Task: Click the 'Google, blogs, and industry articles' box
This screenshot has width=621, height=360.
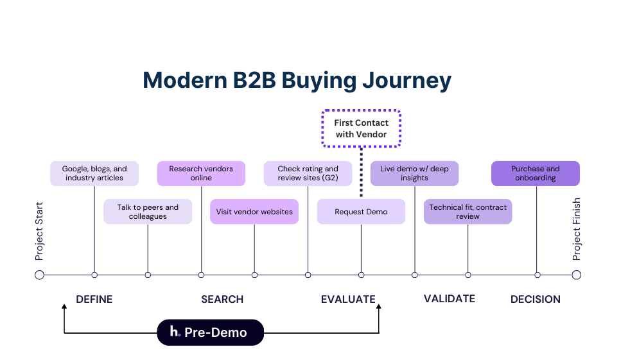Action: coord(94,173)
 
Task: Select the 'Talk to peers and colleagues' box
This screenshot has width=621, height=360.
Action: coord(148,212)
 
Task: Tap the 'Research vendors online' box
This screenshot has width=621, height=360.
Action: coord(201,173)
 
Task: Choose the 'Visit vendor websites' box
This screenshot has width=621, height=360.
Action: coord(254,212)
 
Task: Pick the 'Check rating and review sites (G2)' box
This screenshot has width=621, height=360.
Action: coord(308,173)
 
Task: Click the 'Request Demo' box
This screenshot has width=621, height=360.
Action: coord(361,212)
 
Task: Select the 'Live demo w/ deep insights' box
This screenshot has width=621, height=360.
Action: coord(414,173)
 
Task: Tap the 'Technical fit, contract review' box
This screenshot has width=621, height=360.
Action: coord(468,212)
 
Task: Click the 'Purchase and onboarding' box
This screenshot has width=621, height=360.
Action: coord(536,173)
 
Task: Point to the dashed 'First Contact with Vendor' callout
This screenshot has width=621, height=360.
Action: coord(361,128)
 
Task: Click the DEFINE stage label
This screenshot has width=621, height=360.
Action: coord(94,299)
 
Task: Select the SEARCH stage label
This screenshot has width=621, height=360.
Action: coord(222,299)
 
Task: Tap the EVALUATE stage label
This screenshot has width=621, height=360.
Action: coord(348,299)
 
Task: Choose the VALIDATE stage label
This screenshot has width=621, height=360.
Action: coord(450,298)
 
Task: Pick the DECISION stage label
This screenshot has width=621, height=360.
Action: coord(536,299)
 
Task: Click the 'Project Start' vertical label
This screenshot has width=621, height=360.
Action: coord(40,229)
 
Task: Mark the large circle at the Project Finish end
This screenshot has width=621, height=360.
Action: coord(576,275)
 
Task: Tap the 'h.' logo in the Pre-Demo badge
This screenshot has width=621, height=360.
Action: coord(175,332)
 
